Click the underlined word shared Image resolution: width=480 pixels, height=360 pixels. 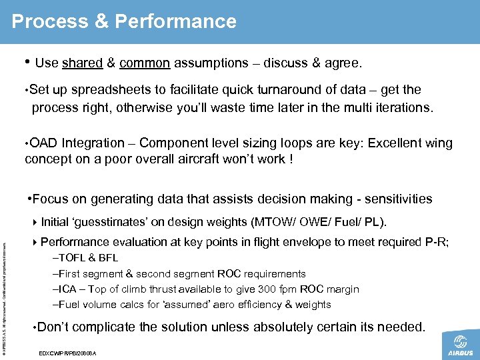82,63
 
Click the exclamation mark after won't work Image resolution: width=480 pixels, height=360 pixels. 291,161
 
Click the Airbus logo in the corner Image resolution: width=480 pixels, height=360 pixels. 460,346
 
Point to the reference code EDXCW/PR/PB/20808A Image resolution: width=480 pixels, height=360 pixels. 69,352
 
